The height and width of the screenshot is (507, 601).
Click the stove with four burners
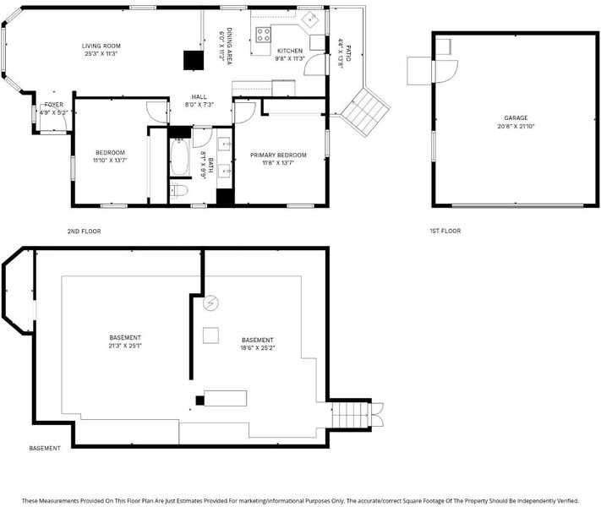pos(264,35)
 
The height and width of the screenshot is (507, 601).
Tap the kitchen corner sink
pos(310,19)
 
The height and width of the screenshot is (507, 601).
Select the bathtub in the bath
pos(179,157)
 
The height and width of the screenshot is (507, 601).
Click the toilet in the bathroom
pos(178,190)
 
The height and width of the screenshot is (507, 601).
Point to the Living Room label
pos(101,46)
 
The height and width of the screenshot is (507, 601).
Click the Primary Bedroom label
pos(278,155)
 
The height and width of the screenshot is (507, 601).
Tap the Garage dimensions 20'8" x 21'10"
pos(516,126)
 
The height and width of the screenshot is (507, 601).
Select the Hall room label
pos(199,97)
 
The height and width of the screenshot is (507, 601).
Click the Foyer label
pos(53,105)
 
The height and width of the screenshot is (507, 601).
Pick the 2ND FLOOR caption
pos(84,232)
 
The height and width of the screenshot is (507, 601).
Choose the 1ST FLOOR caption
pos(445,231)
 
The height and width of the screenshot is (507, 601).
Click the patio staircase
pos(366,112)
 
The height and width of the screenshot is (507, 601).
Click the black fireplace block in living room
pos(194,61)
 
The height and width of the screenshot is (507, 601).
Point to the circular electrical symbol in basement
pos(210,303)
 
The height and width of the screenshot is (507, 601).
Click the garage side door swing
pos(446,71)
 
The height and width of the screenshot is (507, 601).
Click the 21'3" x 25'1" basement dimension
pos(125,346)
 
